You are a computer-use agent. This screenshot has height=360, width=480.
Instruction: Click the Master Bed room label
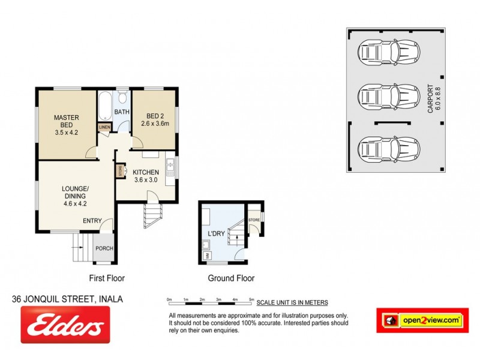(67, 121)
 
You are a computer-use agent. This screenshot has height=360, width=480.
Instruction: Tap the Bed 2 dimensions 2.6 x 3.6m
(154, 123)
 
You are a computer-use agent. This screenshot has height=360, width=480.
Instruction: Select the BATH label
(122, 112)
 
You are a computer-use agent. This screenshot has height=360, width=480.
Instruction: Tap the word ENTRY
(92, 220)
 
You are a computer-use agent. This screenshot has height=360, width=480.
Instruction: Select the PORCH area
(103, 248)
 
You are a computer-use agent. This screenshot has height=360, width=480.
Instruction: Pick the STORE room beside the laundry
(254, 221)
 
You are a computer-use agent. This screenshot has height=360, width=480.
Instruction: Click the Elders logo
(65, 324)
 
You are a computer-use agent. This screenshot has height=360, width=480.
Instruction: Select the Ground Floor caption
(231, 278)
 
